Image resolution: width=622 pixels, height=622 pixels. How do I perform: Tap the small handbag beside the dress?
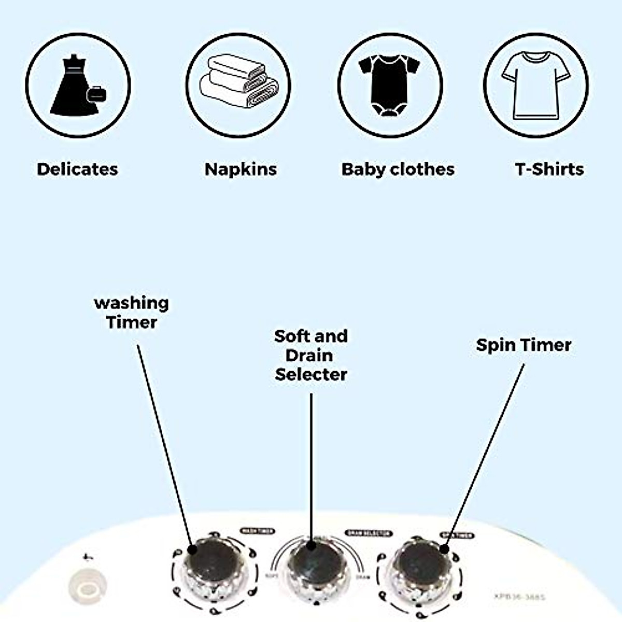[x=97, y=94]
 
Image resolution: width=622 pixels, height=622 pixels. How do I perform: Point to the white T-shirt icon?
[x=535, y=84]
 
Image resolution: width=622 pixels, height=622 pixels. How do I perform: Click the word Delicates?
[x=77, y=169]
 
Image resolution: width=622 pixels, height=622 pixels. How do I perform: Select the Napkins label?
[x=241, y=169]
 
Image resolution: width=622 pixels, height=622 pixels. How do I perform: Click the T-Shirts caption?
[x=549, y=169]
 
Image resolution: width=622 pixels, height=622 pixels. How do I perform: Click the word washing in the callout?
[x=131, y=303]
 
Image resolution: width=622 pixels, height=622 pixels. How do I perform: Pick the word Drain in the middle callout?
[x=309, y=356]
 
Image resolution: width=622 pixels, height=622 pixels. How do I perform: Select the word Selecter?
[x=311, y=374]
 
